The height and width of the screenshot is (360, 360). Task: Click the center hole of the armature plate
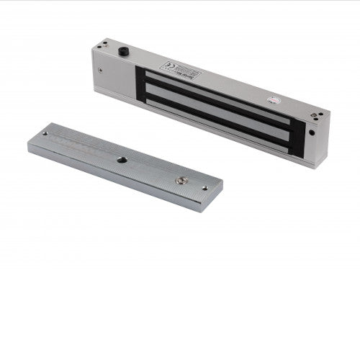click(121, 159)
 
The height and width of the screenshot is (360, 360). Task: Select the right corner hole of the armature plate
click(204, 188)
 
